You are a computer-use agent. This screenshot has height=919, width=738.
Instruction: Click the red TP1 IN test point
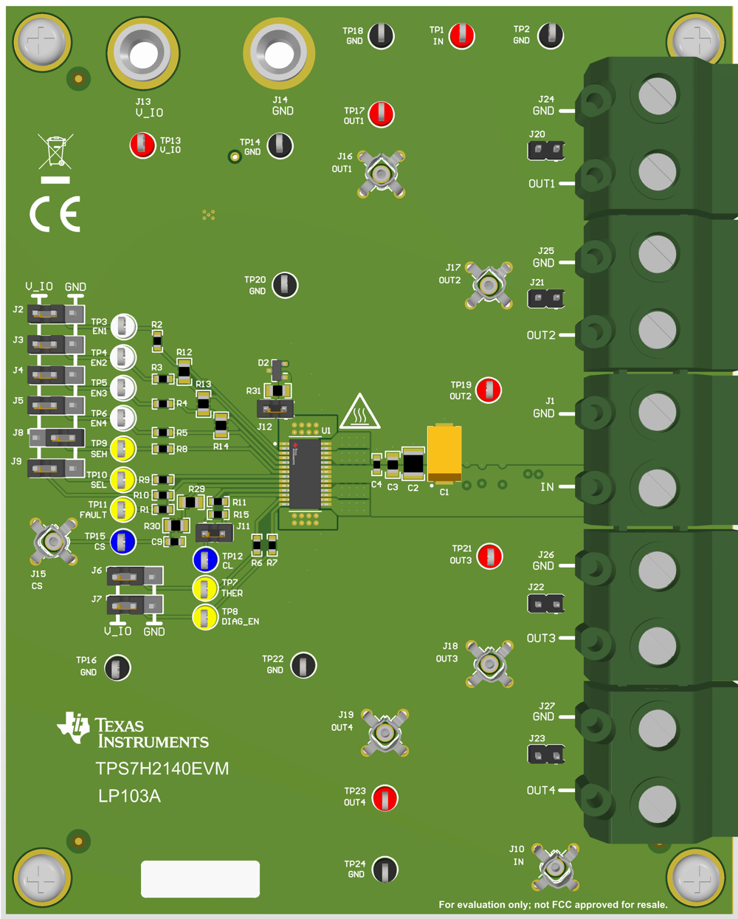coord(462,35)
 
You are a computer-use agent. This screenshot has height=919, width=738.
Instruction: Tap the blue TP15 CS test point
coord(123,542)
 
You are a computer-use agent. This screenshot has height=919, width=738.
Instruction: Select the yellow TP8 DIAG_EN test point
coord(204,617)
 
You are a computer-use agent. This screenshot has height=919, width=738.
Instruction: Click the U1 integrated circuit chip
coord(305,473)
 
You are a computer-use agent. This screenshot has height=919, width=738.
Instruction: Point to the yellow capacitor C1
coord(444,452)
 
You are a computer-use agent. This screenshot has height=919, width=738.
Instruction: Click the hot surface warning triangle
coord(359,412)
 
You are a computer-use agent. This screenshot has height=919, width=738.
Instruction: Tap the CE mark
coord(55,215)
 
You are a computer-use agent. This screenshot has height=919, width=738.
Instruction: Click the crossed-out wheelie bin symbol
coord(55,151)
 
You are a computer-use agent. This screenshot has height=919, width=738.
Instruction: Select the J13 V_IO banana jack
coord(143,53)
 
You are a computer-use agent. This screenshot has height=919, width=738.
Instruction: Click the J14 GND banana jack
coord(279,52)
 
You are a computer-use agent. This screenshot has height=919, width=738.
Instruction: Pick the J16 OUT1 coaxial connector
coord(381,174)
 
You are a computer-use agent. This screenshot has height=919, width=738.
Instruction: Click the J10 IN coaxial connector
coord(554,867)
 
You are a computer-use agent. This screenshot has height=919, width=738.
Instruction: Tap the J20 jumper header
coord(546,151)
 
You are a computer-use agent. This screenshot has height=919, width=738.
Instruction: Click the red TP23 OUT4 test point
coord(385,798)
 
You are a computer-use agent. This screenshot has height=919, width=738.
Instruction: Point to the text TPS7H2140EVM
coord(162,768)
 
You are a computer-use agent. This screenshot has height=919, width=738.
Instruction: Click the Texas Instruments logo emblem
coord(74,727)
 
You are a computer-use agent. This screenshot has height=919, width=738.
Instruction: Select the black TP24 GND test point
coord(385,870)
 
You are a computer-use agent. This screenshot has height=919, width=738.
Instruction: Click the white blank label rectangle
coord(200,878)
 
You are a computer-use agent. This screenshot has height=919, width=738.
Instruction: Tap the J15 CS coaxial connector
coord(53,542)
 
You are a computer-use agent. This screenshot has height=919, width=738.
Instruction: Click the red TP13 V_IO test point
coord(142,145)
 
